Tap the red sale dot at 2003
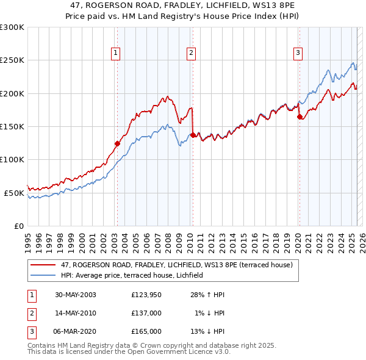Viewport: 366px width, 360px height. (117, 144)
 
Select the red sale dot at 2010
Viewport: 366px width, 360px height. (193, 135)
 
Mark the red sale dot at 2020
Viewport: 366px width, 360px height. (299, 117)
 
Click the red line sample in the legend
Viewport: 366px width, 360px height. (43, 265)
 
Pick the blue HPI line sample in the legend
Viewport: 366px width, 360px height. (43, 275)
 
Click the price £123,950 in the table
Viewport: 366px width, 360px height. (146, 295)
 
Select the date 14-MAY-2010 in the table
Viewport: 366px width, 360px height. (76, 313)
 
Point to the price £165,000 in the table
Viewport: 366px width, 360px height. (146, 331)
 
